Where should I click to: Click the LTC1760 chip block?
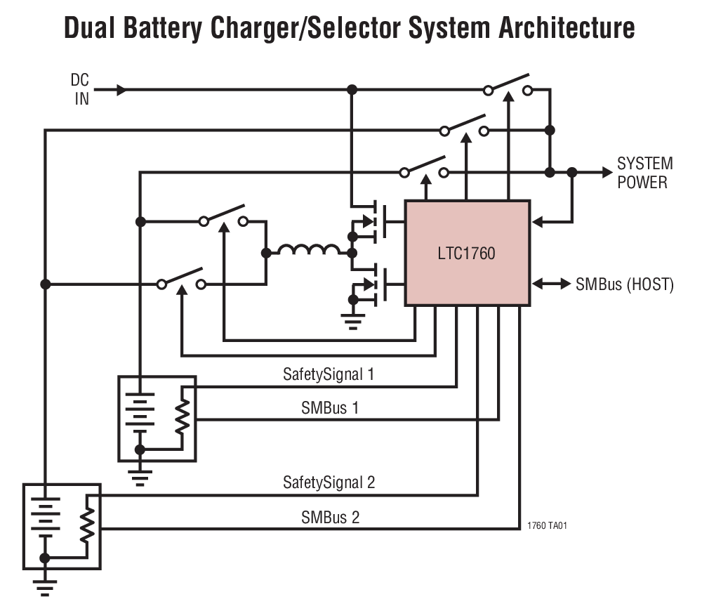point(467,253)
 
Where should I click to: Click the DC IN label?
point(81,90)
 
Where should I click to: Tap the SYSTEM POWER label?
point(644,173)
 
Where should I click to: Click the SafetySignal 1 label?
point(329,374)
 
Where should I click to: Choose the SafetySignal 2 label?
point(329,482)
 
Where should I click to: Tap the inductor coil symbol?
point(308,250)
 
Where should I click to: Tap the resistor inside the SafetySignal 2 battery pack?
point(86,524)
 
